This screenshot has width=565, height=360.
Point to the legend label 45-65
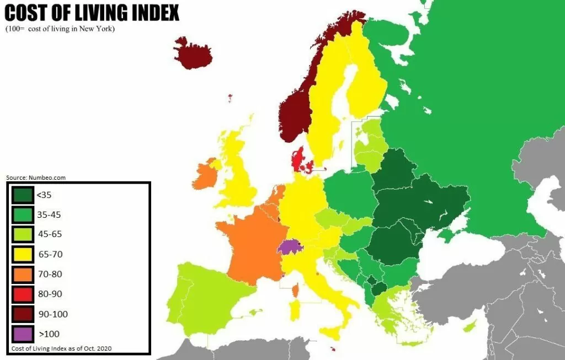pyautogui.click(x=50, y=234)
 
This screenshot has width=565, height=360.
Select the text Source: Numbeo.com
pyautogui.click(x=36, y=178)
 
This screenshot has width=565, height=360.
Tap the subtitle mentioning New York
pyautogui.click(x=61, y=29)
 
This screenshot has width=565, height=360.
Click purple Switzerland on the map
pyautogui.click(x=289, y=246)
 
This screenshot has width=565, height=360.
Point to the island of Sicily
pyautogui.click(x=330, y=333)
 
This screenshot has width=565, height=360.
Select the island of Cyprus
pyautogui.click(x=471, y=327)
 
